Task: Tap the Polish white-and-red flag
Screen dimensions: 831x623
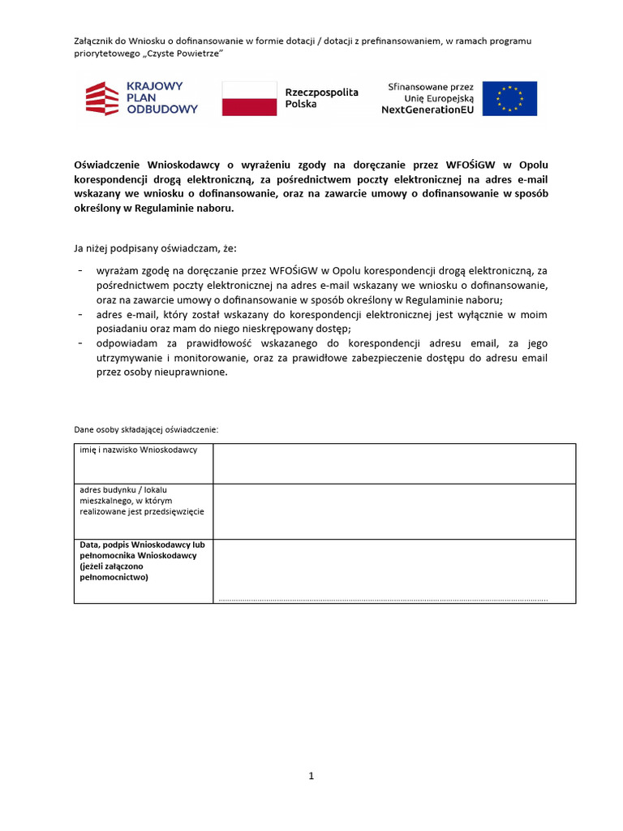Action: click(249, 98)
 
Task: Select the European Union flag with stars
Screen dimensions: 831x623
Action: click(509, 98)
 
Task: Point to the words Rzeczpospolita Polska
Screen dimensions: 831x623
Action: click(321, 99)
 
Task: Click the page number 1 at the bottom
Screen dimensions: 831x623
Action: click(311, 776)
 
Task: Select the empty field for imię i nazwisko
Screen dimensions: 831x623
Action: click(394, 463)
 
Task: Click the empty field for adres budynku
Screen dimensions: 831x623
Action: click(394, 511)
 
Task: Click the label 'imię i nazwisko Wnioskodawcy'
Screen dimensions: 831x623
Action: click(139, 450)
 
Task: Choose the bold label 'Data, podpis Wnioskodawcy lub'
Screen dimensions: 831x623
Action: click(139, 545)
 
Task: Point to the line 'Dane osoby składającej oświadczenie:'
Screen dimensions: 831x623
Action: click(146, 429)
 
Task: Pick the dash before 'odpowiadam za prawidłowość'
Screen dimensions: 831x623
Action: click(79, 343)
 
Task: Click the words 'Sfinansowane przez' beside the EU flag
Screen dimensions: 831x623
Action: click(430, 86)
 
